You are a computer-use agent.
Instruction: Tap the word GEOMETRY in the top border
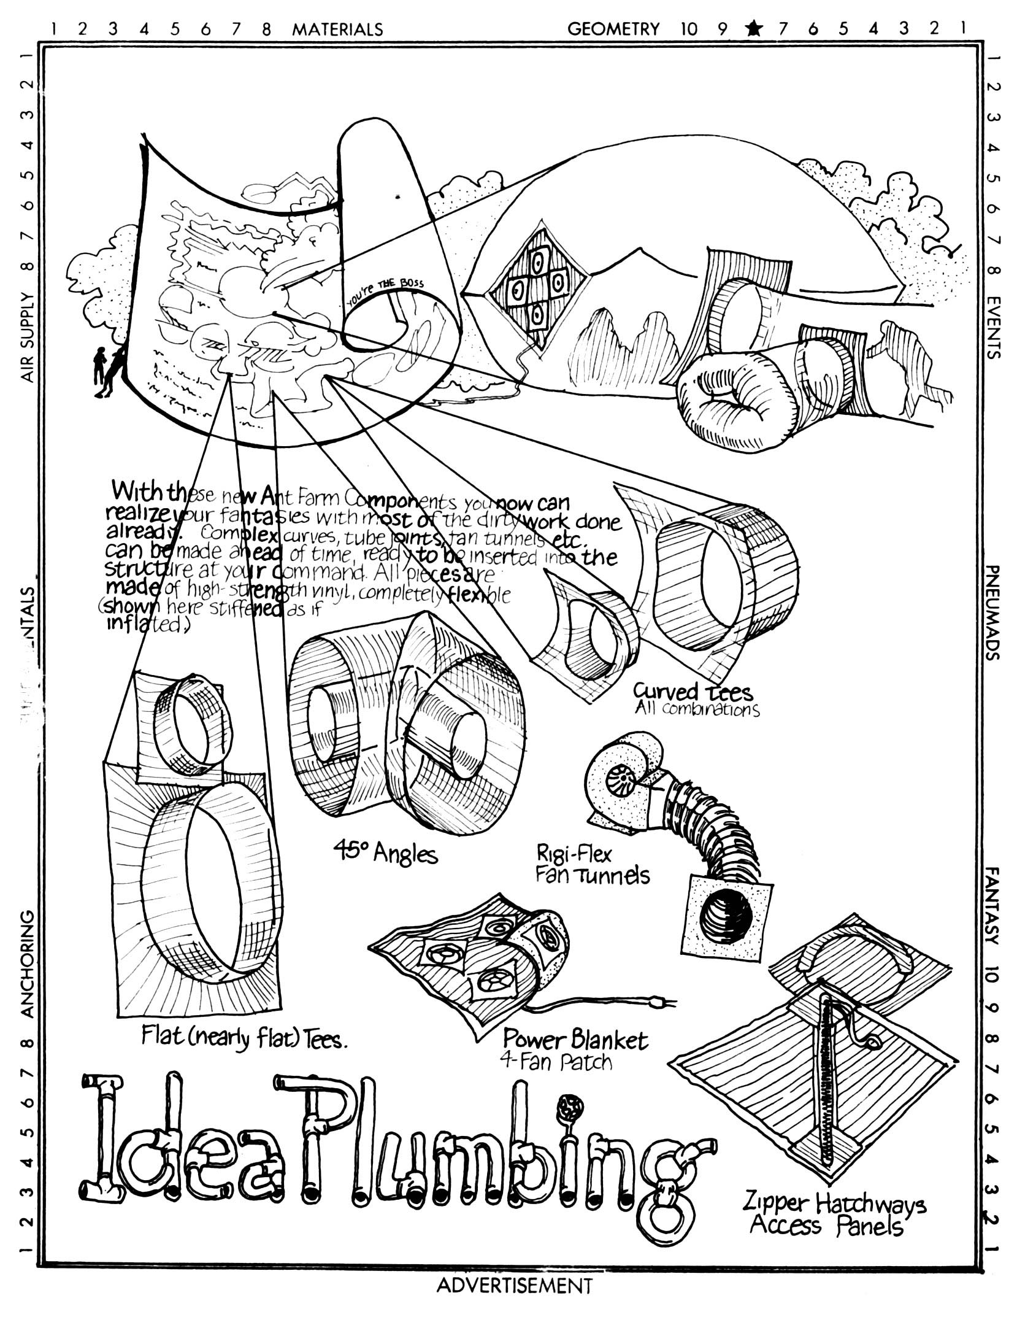[x=613, y=29]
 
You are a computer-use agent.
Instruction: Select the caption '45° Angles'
[x=385, y=852]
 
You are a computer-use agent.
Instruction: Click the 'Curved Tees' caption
[x=693, y=692]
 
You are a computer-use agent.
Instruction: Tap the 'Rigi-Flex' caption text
[x=574, y=854]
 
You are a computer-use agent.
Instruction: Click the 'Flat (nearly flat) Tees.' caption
[x=244, y=1037]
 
